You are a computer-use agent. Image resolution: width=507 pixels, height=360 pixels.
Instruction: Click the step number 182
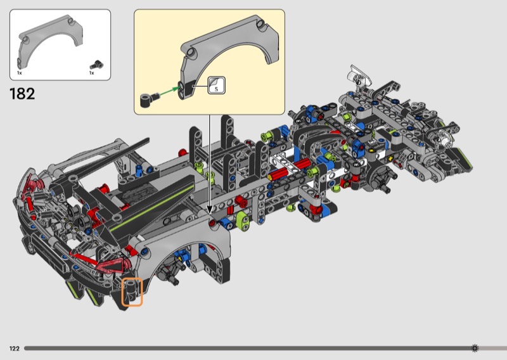pos(22,94)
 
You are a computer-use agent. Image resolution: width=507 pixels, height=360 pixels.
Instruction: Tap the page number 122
pos(15,349)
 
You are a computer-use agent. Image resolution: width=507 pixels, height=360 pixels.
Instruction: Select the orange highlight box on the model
pos(132,292)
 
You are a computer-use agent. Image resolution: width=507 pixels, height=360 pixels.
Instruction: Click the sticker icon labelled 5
pos(216,86)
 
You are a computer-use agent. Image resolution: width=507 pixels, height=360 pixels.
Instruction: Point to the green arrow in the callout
pos(169,91)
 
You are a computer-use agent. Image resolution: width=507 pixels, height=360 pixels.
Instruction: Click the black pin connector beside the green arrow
pos(149,100)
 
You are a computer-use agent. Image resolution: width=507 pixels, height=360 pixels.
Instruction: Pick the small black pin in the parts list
pos(97,65)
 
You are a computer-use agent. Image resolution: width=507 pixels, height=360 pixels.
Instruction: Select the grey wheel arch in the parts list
pos(50,41)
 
